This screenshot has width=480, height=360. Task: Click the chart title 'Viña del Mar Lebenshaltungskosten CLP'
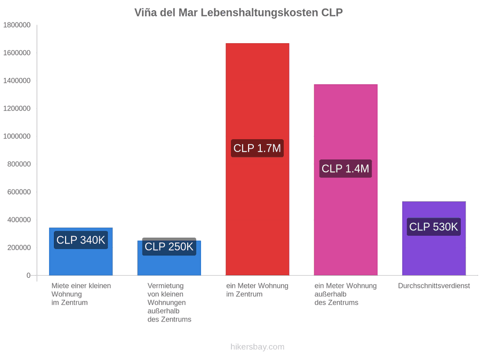point(238,13)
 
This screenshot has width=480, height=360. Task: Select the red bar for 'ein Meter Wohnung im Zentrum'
point(258,159)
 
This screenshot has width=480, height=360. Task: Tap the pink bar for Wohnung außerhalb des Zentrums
point(346,180)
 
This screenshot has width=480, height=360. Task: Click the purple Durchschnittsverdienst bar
point(434,238)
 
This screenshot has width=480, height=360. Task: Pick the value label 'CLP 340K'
point(81,240)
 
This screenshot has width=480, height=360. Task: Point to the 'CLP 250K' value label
point(169,246)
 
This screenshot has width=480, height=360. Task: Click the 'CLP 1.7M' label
point(257,148)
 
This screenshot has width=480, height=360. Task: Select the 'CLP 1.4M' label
point(345,169)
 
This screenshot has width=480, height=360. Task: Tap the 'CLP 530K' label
point(434,227)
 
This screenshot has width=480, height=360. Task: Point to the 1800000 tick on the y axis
point(17,25)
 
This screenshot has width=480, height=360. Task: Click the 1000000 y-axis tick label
point(17,136)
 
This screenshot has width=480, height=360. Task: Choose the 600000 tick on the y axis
point(19,192)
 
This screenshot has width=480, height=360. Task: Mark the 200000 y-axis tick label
point(19,247)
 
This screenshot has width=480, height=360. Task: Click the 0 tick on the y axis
point(28,276)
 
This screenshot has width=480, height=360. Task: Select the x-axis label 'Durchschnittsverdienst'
point(434,286)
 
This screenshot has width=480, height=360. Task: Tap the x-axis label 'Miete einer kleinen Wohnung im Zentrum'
point(81,294)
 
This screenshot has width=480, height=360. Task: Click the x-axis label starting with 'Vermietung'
point(169,302)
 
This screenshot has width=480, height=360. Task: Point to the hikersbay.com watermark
point(258,347)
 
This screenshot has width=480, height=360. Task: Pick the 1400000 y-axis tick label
point(17,81)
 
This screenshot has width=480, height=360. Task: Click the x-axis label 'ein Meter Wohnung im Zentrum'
point(257,290)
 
